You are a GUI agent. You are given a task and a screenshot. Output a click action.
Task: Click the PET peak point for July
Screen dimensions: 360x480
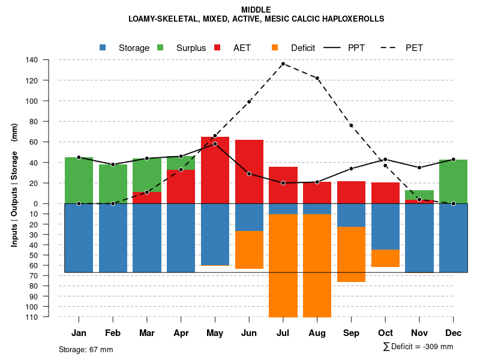point(283,64)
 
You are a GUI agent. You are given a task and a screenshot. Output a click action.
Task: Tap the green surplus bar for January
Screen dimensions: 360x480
point(79,180)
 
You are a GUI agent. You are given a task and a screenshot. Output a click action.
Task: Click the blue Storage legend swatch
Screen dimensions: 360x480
point(103,47)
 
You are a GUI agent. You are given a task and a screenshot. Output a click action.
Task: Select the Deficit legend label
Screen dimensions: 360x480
point(302,48)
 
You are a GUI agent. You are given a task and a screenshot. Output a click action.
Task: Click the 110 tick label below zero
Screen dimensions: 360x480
point(32,317)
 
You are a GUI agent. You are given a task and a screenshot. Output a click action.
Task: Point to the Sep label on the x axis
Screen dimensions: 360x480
point(351,333)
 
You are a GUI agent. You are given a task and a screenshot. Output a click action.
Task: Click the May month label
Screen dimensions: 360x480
point(215,333)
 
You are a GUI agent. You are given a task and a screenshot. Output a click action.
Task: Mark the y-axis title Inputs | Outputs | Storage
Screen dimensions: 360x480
point(14,185)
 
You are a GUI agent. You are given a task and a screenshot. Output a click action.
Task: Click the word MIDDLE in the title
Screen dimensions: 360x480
point(256,10)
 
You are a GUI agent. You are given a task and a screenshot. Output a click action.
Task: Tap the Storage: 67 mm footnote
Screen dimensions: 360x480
point(86,349)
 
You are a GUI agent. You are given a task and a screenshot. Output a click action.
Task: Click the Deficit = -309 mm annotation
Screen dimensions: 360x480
point(418,347)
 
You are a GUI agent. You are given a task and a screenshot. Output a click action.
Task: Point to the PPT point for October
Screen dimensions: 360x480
point(385,160)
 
